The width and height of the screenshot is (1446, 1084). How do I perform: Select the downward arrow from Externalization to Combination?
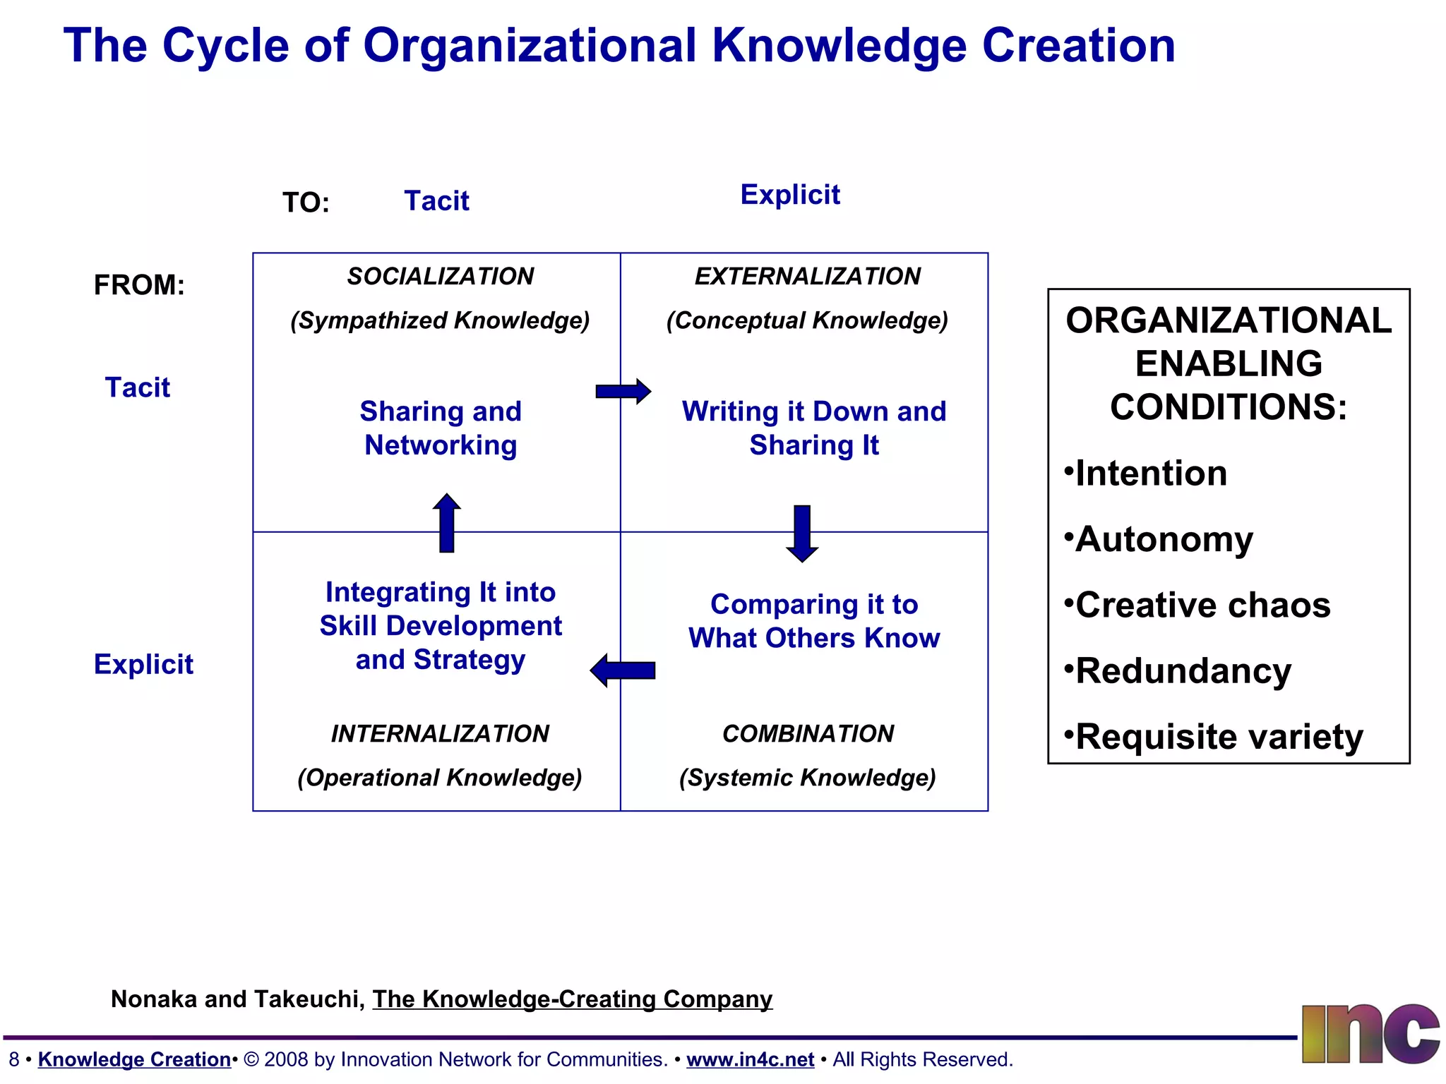[x=802, y=534]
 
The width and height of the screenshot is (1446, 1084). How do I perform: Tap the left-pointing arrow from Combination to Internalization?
[x=623, y=670]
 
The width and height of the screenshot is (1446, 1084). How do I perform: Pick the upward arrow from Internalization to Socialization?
[x=446, y=523]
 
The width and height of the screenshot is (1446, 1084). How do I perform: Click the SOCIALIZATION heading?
[x=440, y=276]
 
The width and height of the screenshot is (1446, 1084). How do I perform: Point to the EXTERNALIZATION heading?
[x=807, y=276]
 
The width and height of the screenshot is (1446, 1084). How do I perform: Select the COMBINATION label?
[x=808, y=733]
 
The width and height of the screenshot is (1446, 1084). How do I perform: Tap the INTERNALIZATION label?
[x=440, y=733]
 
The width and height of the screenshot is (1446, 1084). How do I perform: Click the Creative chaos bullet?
[x=1200, y=605]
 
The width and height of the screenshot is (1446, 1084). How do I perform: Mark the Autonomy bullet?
[x=1161, y=539]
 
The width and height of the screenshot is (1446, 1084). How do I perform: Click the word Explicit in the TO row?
[x=790, y=194]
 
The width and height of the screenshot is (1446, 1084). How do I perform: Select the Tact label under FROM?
[x=138, y=387]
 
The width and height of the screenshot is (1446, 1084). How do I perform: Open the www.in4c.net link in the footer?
[x=750, y=1059]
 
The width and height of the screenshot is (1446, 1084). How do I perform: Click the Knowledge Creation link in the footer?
[x=134, y=1059]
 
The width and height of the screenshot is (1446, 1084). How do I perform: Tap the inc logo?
[x=1370, y=1034]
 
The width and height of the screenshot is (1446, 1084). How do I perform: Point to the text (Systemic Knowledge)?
[x=807, y=777]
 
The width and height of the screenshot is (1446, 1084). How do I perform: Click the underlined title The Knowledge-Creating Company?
[x=572, y=999]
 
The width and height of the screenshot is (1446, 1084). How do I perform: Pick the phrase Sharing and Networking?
[x=441, y=428]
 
